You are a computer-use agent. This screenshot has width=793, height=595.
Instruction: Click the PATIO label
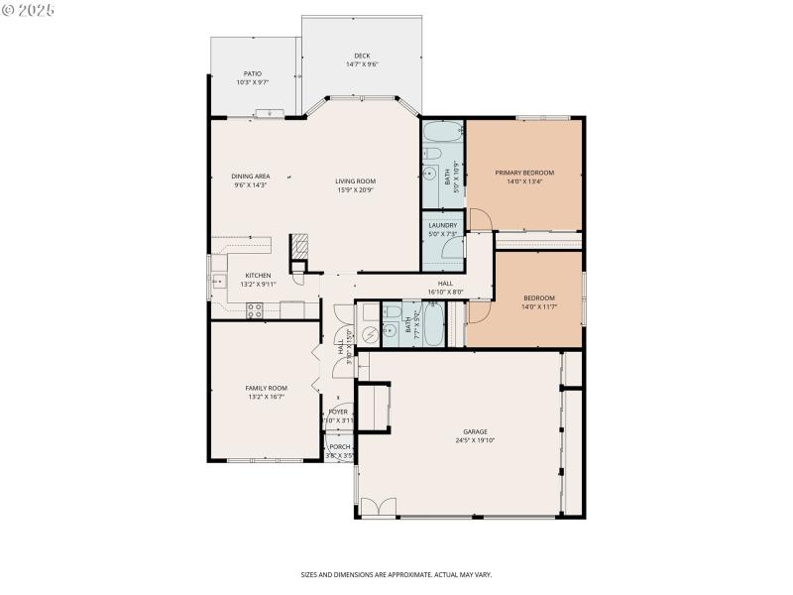(253, 73)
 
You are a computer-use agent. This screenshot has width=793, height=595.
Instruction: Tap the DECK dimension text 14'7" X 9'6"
(362, 64)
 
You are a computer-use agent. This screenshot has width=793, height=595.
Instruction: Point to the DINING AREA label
(251, 176)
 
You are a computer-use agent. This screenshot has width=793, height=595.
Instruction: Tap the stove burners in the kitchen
(254, 309)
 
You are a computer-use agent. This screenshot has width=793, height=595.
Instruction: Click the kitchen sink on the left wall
(217, 282)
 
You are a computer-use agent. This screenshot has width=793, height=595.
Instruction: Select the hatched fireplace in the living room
(299, 245)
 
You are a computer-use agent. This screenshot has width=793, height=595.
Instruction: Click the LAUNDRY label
(442, 225)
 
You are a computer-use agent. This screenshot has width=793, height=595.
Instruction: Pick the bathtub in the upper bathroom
(442, 132)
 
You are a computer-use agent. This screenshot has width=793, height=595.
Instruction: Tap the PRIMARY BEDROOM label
(524, 173)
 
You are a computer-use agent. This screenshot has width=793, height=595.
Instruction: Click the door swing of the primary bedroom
(478, 220)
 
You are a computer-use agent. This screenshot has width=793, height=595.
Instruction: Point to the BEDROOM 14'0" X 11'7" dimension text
(538, 307)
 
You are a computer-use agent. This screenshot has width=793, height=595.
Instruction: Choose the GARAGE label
(475, 431)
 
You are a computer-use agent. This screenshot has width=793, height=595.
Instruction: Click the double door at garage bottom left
(371, 507)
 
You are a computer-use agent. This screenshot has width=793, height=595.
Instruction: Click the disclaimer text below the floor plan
(396, 574)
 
